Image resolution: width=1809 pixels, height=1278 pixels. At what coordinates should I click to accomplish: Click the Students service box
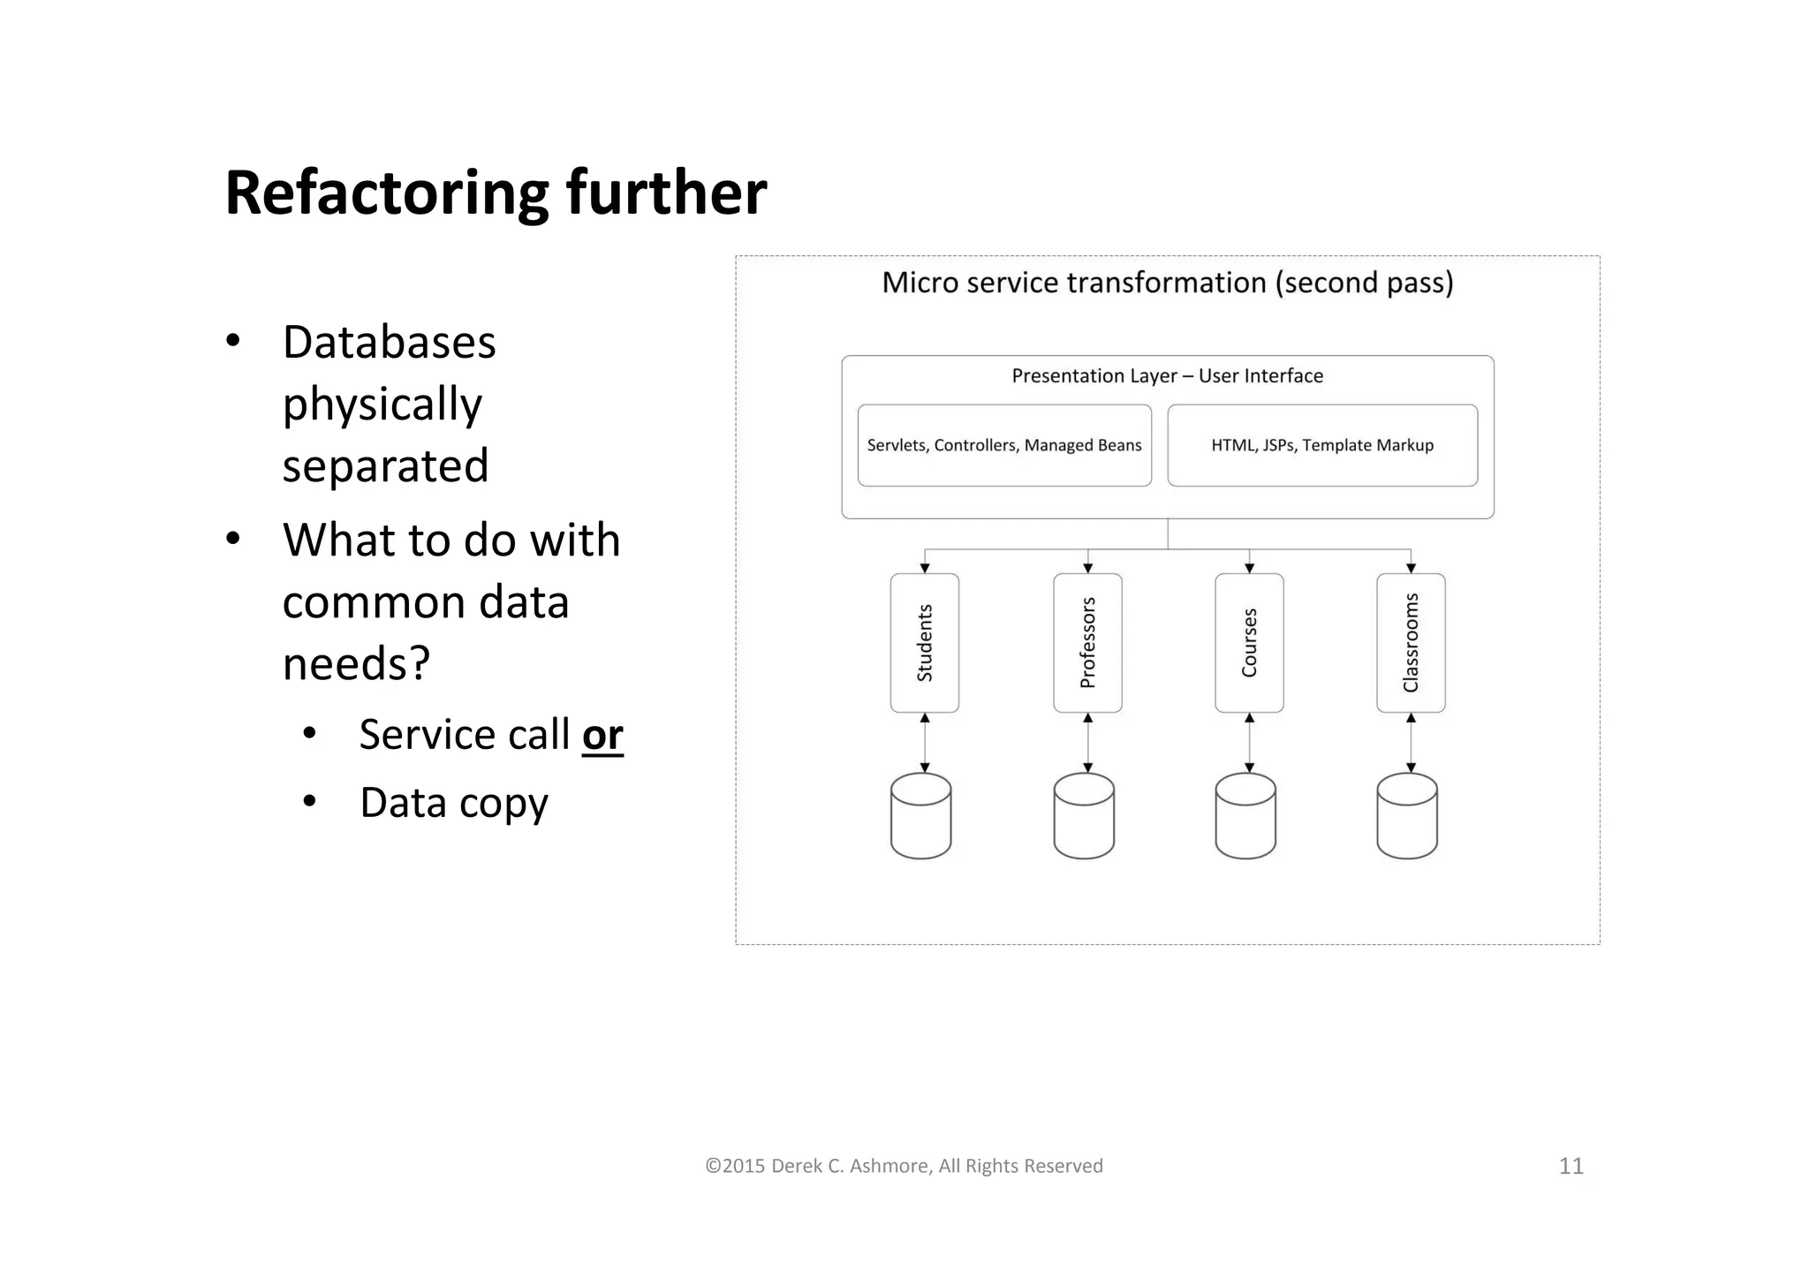925,643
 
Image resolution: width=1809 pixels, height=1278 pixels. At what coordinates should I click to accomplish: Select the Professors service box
1087,643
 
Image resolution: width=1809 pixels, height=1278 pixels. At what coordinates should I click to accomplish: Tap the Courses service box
1249,643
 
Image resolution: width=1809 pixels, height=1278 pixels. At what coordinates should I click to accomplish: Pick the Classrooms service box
1411,643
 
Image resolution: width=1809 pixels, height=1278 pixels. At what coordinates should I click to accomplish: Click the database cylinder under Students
921,816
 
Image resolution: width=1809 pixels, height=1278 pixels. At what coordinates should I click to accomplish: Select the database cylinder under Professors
1084,816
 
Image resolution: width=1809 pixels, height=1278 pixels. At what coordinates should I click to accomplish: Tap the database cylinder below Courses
1245,816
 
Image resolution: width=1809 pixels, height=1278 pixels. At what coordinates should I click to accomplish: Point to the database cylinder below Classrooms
1407,816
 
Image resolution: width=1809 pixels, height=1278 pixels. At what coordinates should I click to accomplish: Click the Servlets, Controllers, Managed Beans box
1004,445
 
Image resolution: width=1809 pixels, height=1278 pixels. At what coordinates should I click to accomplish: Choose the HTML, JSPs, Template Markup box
1322,445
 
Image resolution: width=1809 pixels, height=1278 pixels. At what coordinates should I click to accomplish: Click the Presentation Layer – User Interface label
1167,376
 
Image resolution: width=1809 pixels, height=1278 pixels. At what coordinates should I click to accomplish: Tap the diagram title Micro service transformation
1167,283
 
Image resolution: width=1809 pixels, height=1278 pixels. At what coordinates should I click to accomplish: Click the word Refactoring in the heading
387,193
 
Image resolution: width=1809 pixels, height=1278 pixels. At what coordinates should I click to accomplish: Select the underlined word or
602,735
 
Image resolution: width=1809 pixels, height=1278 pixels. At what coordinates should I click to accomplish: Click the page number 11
1571,1166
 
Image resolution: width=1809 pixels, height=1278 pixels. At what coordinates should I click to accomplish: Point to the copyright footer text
904,1166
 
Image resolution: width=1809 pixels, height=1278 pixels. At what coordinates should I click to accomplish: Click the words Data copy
454,803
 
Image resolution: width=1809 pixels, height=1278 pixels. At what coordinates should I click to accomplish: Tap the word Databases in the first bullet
389,342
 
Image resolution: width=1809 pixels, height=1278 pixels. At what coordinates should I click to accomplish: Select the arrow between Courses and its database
1249,743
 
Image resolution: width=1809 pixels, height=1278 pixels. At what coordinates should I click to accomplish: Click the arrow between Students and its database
925,743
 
